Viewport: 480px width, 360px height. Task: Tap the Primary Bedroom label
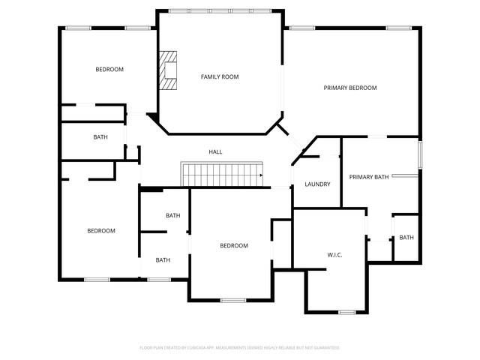[349, 88]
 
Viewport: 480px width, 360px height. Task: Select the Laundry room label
[317, 184]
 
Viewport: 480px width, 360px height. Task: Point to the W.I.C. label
[334, 255]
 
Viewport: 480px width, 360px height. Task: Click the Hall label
[215, 151]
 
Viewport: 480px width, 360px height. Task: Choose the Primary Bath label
[369, 177]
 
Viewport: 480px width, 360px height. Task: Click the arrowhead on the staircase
[260, 175]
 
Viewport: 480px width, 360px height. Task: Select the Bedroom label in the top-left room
[109, 70]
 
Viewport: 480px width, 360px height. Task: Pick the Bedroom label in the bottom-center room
[233, 245]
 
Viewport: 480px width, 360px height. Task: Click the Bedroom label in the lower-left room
[101, 230]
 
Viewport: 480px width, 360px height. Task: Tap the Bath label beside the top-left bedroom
[100, 136]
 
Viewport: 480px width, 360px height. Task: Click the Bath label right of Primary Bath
[406, 238]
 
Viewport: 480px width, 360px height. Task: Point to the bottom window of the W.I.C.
[346, 312]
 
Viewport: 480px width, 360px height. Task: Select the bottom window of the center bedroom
[232, 300]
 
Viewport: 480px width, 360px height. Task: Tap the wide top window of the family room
[220, 10]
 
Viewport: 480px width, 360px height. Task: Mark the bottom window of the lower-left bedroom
[97, 280]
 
